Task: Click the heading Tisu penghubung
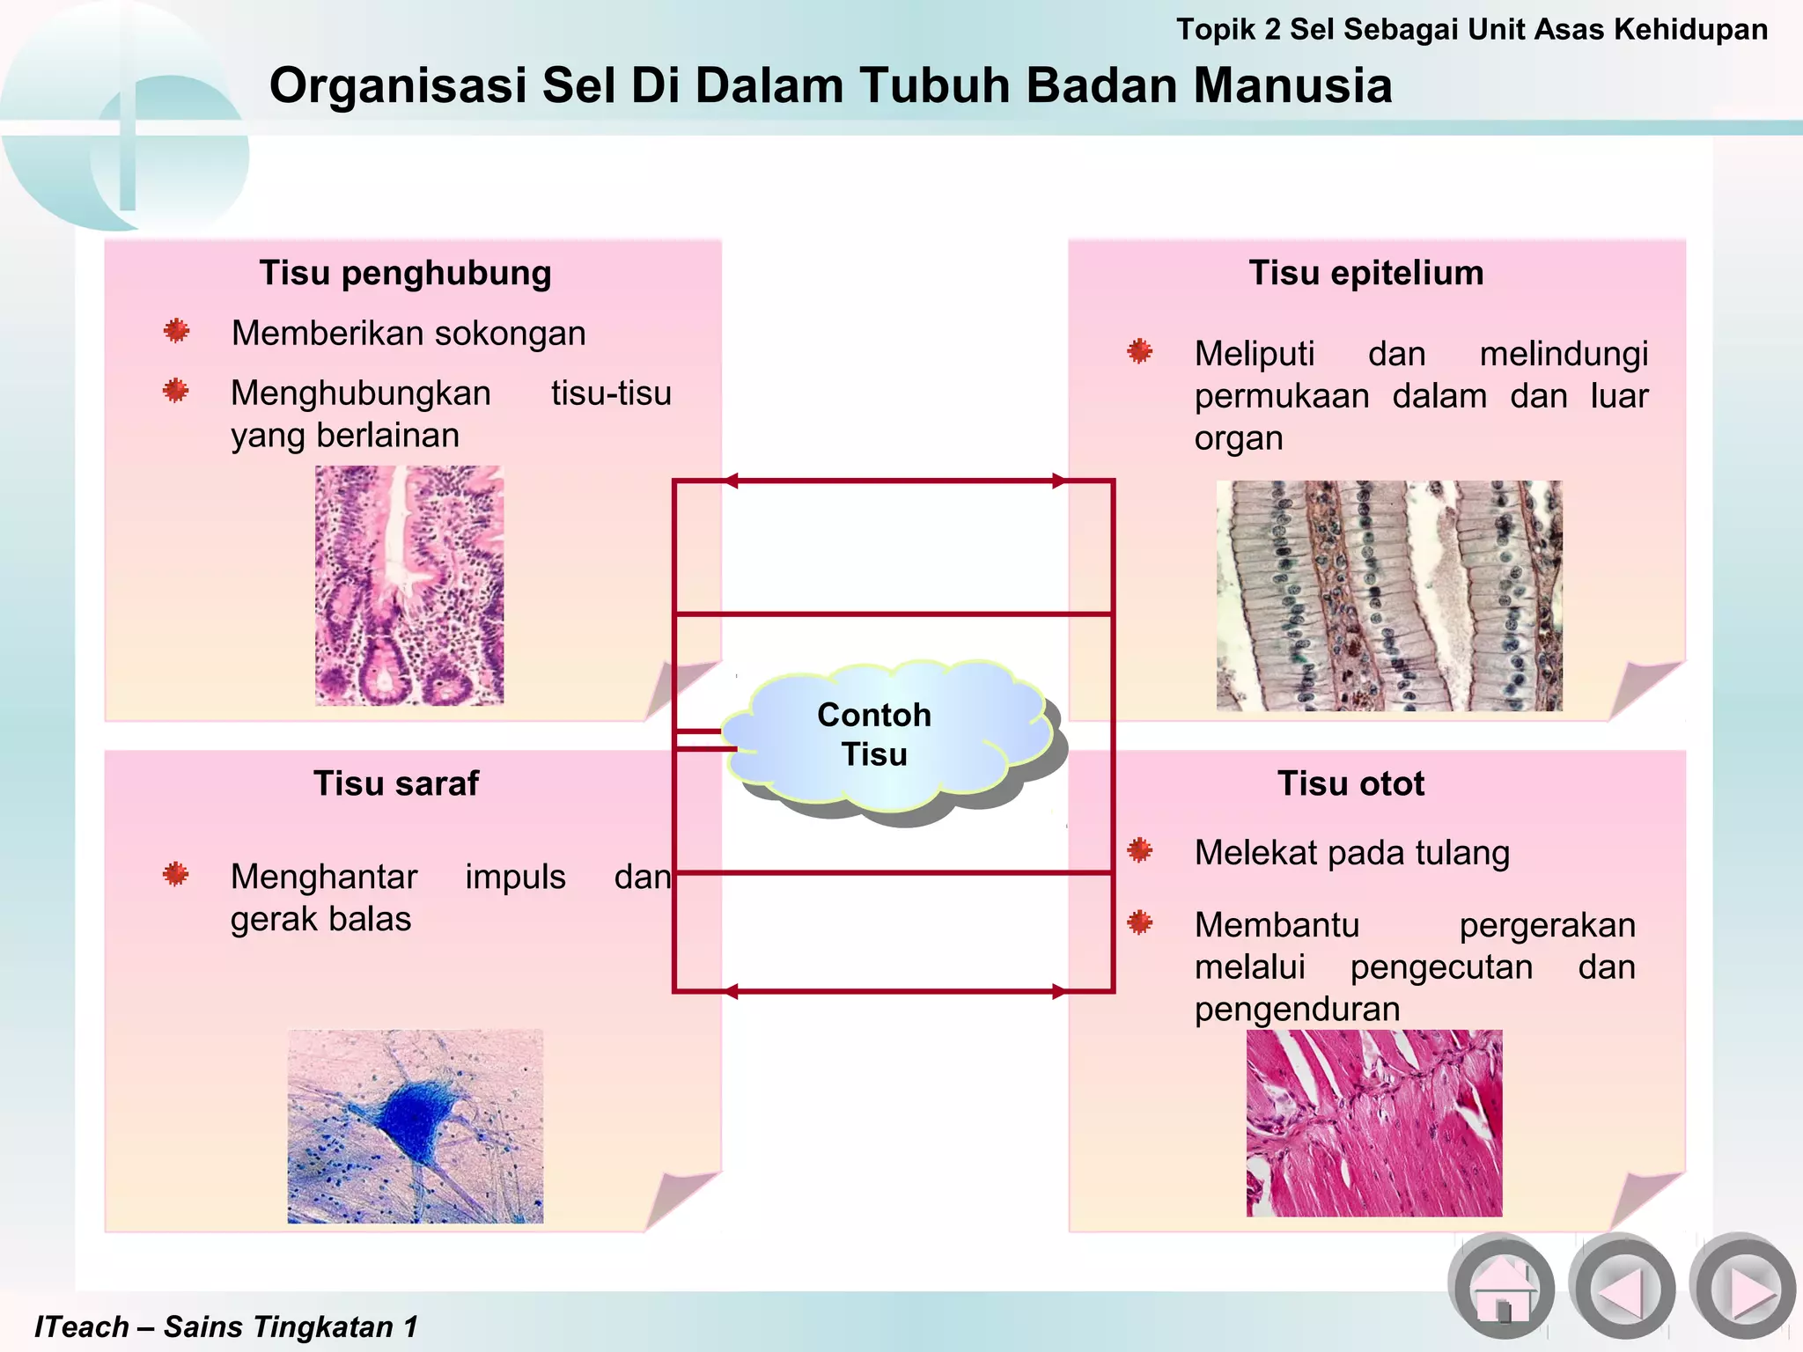tap(405, 273)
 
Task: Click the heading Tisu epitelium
tap(1365, 273)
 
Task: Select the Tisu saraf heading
tap(396, 783)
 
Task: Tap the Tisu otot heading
tap(1350, 783)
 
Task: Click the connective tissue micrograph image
tap(409, 585)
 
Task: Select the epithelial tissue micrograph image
tap(1388, 596)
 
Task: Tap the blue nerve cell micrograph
tap(416, 1126)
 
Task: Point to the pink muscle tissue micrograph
tap(1374, 1123)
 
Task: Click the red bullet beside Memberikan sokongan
tap(176, 331)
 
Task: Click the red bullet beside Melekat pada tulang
tap(1140, 850)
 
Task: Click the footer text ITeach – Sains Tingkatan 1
tap(225, 1326)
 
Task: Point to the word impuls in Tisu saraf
tap(515, 878)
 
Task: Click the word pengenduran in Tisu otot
tap(1297, 1009)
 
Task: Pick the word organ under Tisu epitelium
tap(1238, 438)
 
